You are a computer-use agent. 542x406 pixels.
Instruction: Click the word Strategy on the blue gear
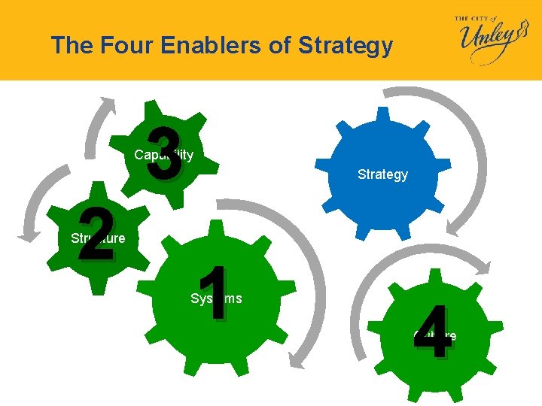coord(382,174)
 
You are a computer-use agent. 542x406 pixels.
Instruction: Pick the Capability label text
coord(164,155)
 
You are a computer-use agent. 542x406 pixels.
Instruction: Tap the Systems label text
coord(216,298)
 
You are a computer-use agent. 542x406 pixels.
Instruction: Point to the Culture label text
coord(434,335)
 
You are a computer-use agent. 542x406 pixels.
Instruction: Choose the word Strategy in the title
coord(346,46)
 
